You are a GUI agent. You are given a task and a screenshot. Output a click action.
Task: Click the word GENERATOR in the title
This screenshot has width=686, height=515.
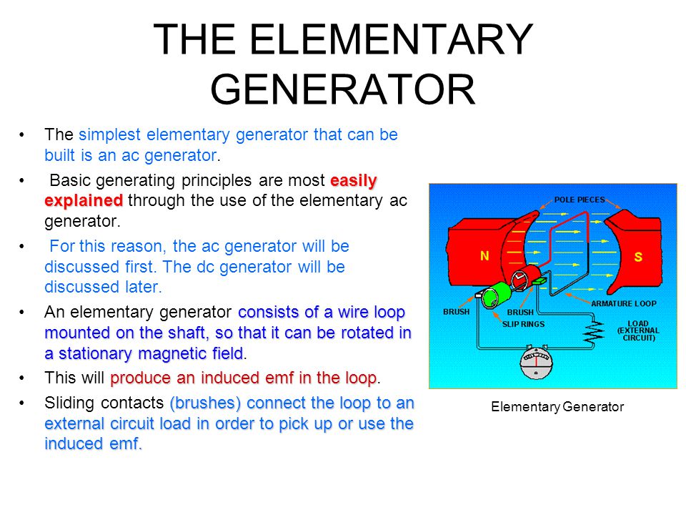[342, 89]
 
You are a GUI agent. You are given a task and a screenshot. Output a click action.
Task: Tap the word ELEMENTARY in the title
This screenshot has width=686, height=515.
[391, 39]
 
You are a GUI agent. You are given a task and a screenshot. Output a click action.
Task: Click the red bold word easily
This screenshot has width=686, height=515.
[354, 180]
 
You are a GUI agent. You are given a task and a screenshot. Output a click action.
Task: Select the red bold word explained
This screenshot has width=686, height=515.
[84, 200]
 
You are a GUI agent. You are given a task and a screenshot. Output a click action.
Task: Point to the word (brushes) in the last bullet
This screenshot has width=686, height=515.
[205, 403]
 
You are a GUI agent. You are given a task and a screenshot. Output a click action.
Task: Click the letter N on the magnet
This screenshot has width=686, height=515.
[484, 256]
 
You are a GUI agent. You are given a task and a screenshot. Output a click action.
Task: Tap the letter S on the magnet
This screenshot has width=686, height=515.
[638, 257]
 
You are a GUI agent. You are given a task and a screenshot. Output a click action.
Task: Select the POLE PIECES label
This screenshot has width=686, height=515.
[580, 200]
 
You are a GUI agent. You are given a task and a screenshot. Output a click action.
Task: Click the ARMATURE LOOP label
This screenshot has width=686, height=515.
[623, 303]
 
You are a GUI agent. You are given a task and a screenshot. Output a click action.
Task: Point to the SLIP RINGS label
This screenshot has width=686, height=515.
[523, 324]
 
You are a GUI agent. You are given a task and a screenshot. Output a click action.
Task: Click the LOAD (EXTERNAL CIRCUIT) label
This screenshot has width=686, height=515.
[638, 330]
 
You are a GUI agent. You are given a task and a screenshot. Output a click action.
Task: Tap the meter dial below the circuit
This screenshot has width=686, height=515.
[536, 362]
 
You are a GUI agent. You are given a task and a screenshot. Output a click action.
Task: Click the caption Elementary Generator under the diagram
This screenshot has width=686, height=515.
[557, 407]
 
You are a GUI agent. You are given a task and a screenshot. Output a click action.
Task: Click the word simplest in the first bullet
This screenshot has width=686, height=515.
[109, 135]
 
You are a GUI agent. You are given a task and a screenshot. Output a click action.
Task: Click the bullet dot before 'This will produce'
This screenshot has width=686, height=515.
[21, 378]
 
